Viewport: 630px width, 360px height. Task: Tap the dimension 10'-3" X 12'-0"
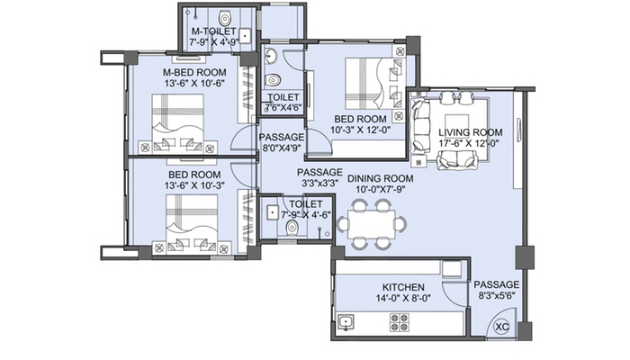[360, 130]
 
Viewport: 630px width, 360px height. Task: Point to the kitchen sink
[346, 320]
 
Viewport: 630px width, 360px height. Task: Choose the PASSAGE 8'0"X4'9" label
[282, 143]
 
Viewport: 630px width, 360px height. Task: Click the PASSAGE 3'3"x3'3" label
[319, 177]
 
